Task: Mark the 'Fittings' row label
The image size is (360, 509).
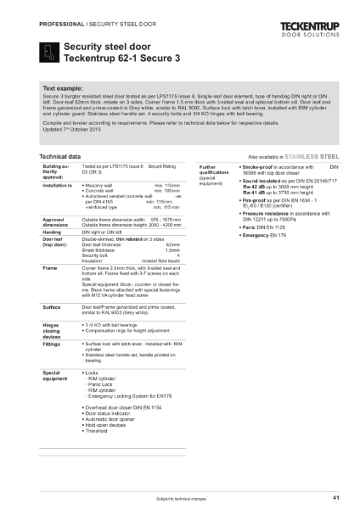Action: tap(52, 343)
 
